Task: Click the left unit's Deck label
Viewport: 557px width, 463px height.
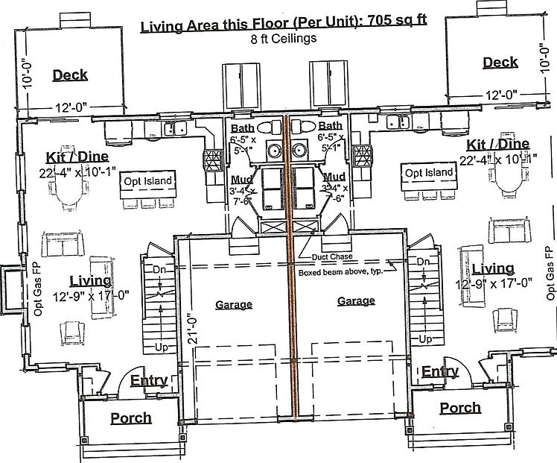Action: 70,75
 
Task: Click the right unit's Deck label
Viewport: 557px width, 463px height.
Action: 500,63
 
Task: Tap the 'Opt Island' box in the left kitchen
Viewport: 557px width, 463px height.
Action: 148,180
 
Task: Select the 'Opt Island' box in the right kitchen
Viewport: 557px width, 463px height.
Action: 428,172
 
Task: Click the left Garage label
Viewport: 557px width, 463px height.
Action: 234,304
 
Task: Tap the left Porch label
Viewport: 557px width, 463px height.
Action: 131,418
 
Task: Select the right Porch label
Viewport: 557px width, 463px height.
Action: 460,408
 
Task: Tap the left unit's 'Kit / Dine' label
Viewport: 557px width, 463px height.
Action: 77,157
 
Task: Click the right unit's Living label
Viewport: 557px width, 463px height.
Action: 492,268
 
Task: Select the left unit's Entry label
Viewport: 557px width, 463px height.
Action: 149,381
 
